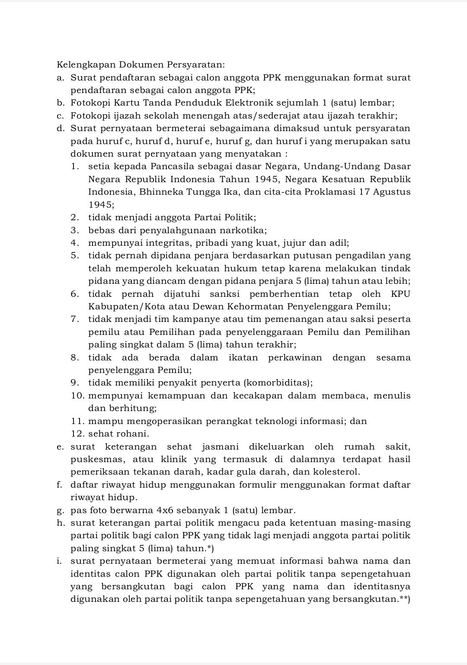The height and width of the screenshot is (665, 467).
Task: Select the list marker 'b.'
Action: tap(61, 103)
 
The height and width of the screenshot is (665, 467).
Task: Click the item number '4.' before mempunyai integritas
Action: tap(75, 243)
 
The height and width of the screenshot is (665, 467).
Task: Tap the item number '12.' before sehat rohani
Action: tap(78, 434)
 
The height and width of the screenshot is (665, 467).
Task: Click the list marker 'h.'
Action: tap(61, 523)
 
